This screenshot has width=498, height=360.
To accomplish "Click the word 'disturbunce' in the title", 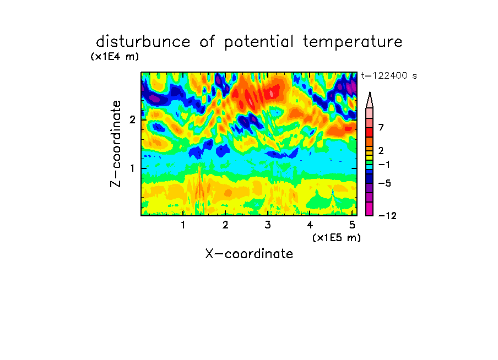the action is coord(143,42).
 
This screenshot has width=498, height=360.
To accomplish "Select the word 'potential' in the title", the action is coord(259,42).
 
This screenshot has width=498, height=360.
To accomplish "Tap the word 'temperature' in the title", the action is coord(353,42).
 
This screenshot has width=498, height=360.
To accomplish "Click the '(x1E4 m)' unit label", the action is coord(115,57).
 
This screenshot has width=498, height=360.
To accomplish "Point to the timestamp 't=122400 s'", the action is coord(389,76).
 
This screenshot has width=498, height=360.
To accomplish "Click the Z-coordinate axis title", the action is coord(116,144).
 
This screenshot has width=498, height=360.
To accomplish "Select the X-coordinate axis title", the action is coord(250,254).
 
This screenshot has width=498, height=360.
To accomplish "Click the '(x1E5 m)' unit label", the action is coord(337,238).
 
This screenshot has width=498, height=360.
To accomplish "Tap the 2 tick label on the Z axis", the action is coord(132,120).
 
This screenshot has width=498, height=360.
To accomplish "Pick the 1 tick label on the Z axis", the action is coord(132,168).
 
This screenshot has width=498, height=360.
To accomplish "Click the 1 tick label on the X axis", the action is coord(183,225).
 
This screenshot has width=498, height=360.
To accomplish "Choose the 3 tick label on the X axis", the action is coord(268,225).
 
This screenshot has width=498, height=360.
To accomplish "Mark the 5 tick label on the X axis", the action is coord(352,225).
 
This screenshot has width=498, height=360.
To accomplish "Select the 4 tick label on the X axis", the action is coord(310,225).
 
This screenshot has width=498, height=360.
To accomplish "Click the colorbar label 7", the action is coord(381,128).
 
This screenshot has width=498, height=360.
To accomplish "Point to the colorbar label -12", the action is coord(387,216).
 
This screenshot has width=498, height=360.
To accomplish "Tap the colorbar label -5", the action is coord(385,183).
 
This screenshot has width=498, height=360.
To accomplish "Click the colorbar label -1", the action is coord(384,165).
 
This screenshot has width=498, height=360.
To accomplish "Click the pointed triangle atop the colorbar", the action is coord(370,100).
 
